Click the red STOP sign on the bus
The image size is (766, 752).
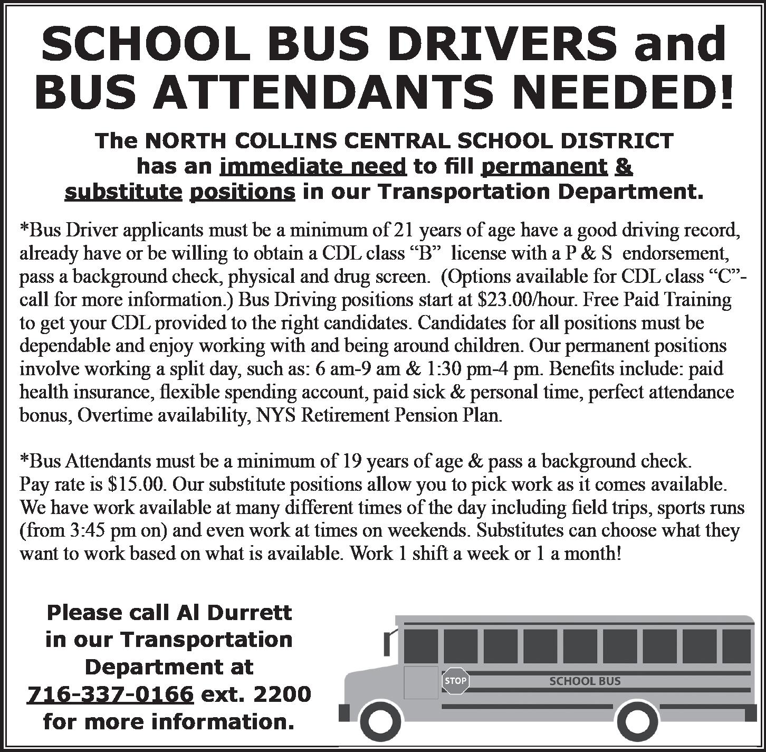[455, 680]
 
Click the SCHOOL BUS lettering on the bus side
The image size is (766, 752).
[585, 681]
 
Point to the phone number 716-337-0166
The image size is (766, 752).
[109, 693]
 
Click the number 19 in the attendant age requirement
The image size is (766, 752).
[350, 461]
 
